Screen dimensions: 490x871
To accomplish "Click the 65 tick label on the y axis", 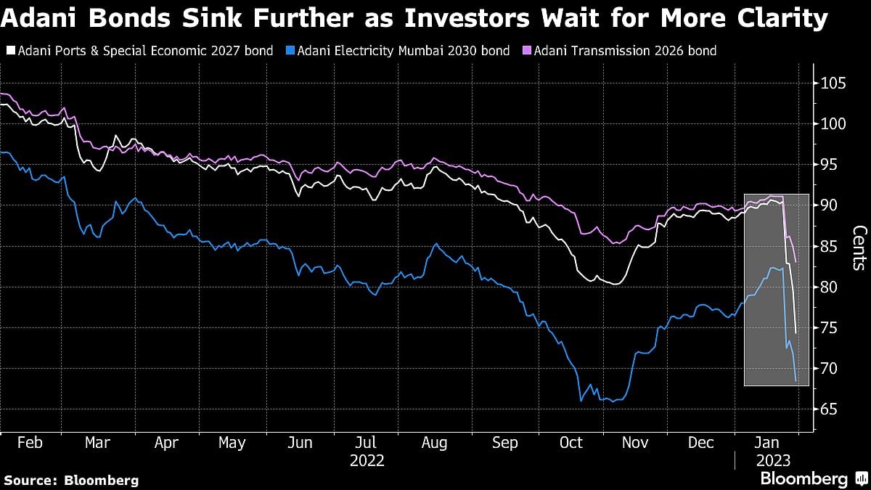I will (x=828, y=409).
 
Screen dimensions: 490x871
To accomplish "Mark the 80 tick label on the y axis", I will (x=828, y=287).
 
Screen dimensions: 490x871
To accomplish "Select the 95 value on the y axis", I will (x=828, y=165).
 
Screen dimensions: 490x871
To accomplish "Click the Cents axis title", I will (x=857, y=247).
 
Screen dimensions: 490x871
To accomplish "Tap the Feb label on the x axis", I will (x=30, y=443).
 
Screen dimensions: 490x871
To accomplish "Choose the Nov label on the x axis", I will (x=636, y=443).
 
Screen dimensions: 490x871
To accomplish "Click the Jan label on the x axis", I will (x=768, y=443).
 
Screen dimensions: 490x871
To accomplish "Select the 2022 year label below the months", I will (x=367, y=460).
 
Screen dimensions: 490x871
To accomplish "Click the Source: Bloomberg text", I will (x=71, y=480).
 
